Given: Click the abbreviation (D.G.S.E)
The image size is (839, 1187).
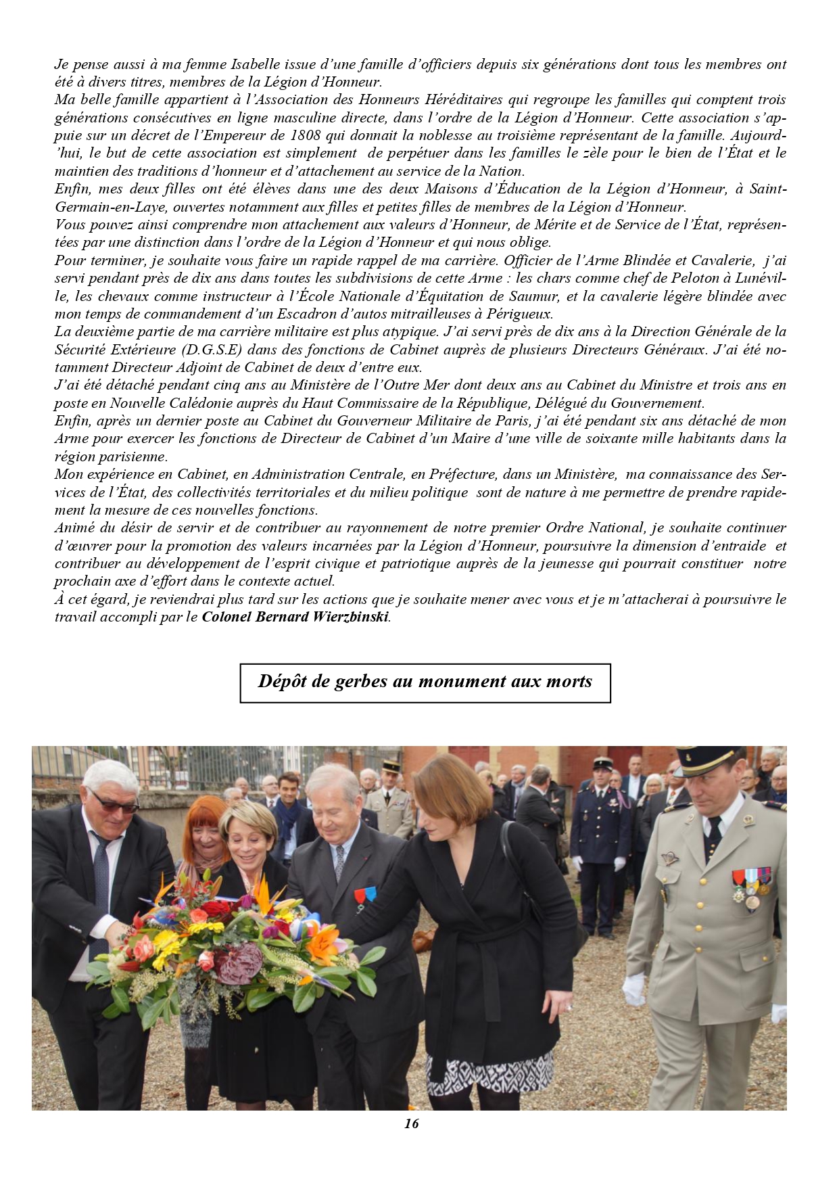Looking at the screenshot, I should [211, 350].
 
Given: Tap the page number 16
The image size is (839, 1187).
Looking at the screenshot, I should [411, 1123].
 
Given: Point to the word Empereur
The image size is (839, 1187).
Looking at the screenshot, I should [247, 135].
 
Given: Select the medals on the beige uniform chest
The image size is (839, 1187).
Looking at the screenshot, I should [751, 886].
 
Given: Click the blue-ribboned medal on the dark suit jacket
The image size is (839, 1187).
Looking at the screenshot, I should [365, 898].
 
